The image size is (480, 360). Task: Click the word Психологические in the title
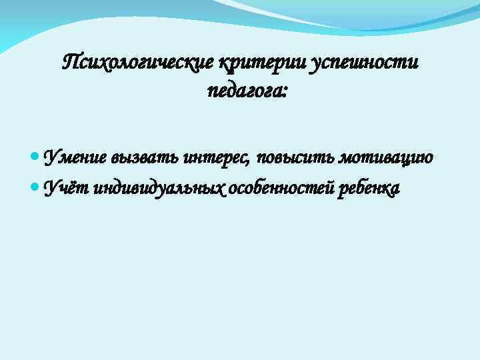(137, 63)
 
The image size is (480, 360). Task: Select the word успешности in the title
(365, 63)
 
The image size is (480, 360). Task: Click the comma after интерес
(249, 163)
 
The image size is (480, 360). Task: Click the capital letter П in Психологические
(70, 63)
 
